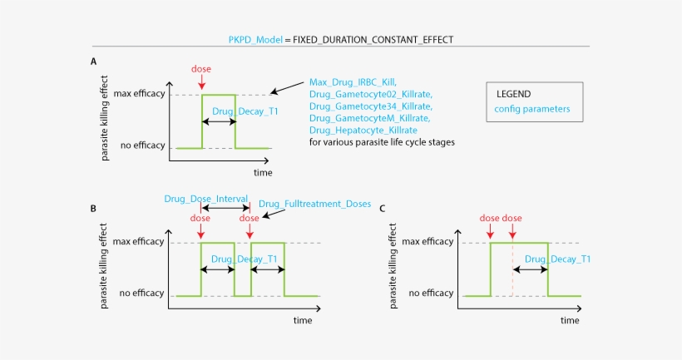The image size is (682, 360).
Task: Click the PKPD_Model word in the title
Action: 255,39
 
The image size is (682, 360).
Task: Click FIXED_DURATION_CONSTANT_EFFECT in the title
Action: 373,39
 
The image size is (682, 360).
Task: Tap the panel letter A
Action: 94,62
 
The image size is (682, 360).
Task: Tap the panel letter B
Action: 94,207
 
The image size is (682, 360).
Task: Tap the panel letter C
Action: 382,207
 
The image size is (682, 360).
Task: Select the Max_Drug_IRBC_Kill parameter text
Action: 353,81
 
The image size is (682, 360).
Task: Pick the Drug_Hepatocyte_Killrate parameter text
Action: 363,131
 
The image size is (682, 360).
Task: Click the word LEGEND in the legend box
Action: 513,94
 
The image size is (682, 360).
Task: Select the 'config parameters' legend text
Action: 532,109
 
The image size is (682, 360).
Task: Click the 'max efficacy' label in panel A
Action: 138,94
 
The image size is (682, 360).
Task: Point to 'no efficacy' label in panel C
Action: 431,293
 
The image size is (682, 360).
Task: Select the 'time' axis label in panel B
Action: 302,319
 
